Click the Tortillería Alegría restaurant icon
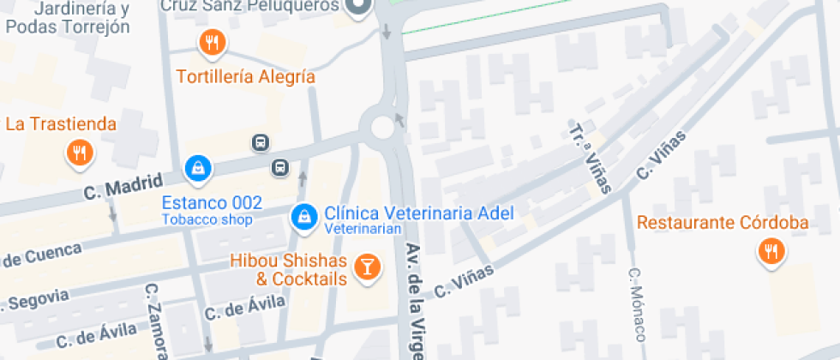pos(212,42)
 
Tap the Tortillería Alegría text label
pos(246,77)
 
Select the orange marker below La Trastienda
pos(80,153)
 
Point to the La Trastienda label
pos(61,124)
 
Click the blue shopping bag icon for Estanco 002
pos(198,166)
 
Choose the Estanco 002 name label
pos(212,203)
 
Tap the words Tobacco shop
pos(207,219)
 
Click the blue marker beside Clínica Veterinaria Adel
pos(303,216)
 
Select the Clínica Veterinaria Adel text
pos(418,213)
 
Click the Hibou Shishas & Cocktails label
pos(288,270)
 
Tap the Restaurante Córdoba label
pos(723,224)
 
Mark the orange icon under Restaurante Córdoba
pos(770,252)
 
